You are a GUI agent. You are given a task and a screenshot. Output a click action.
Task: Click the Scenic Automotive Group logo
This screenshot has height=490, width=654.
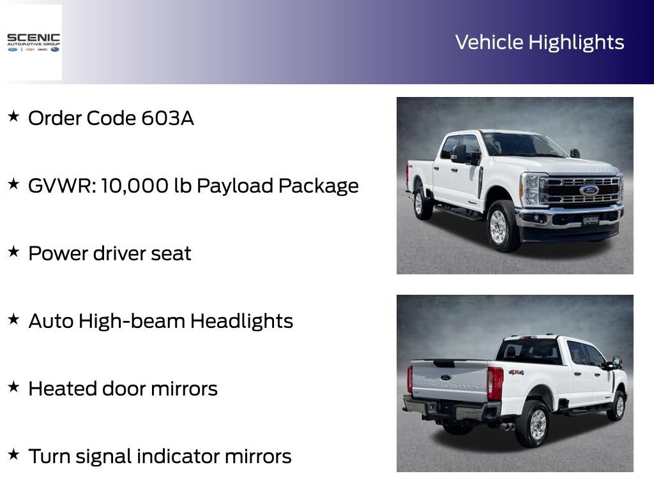(x=33, y=42)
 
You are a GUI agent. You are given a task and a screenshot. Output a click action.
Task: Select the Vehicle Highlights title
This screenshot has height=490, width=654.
(x=539, y=42)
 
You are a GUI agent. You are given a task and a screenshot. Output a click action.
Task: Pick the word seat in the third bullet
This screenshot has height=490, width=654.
(x=171, y=253)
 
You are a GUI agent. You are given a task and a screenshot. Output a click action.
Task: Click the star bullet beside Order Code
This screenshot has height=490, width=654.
(x=13, y=117)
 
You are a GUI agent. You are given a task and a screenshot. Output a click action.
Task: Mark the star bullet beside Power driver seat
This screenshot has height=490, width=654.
(x=13, y=252)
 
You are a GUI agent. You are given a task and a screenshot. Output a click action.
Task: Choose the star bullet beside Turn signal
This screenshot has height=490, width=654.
(x=13, y=455)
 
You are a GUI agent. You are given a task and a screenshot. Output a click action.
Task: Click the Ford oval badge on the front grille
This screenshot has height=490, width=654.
(x=588, y=189)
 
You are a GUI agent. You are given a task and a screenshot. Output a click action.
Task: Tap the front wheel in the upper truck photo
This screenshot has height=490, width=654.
(x=499, y=226)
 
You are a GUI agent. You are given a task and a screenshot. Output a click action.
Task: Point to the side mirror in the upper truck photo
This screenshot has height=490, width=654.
(x=459, y=153)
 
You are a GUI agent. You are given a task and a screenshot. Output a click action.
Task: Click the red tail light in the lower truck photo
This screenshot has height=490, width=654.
(x=495, y=383)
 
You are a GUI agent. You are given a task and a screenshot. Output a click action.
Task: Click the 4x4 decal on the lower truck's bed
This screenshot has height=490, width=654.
(x=516, y=372)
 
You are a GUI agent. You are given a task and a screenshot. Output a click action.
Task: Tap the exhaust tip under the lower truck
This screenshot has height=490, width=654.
(x=508, y=426)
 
